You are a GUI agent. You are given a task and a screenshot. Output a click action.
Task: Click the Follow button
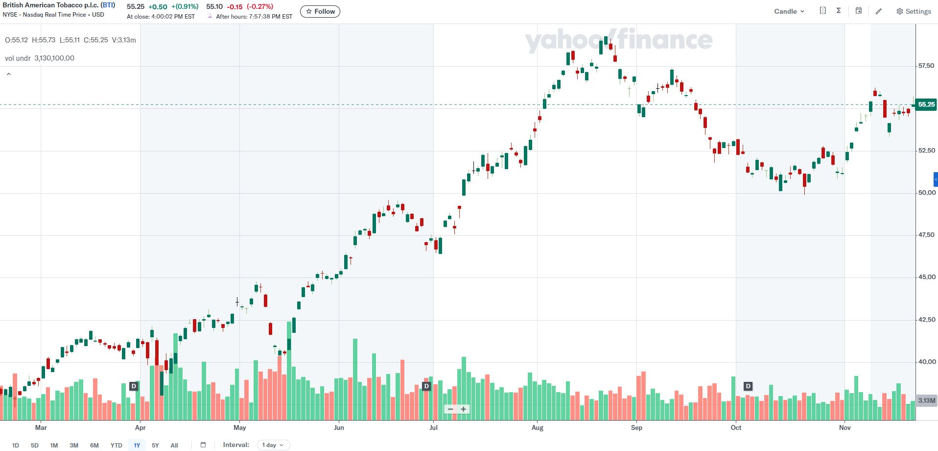tap(320, 11)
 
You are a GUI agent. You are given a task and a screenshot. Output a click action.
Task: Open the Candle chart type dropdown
tap(789, 11)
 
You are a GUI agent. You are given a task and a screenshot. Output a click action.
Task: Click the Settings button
tap(914, 11)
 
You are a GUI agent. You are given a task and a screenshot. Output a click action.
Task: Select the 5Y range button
tap(155, 445)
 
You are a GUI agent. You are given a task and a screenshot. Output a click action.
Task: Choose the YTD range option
tap(116, 445)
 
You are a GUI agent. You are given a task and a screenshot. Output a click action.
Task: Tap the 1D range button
tap(16, 445)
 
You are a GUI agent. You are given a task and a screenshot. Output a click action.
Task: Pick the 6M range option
tap(94, 445)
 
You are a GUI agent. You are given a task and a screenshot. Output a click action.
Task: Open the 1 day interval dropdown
tap(273, 445)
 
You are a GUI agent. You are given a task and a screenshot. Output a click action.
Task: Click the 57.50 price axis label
tap(926, 66)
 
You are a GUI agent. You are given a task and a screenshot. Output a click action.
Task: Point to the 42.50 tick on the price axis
tap(926, 320)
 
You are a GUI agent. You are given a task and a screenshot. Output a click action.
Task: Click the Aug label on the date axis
tap(537, 427)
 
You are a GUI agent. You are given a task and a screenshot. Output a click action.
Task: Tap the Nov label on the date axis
tap(844, 427)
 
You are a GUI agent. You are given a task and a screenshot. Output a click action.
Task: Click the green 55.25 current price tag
tap(926, 104)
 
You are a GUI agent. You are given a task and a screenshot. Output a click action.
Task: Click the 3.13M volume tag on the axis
tap(926, 401)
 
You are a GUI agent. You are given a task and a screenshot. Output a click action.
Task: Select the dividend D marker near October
tap(748, 386)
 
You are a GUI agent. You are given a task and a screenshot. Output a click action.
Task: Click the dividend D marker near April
tap(133, 386)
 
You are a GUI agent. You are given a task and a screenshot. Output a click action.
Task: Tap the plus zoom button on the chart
tap(463, 409)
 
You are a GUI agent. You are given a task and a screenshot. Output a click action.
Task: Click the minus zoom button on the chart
tap(450, 409)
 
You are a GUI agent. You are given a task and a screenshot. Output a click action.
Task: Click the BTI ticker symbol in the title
tap(108, 5)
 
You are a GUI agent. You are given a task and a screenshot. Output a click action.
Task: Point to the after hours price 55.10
tap(214, 7)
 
